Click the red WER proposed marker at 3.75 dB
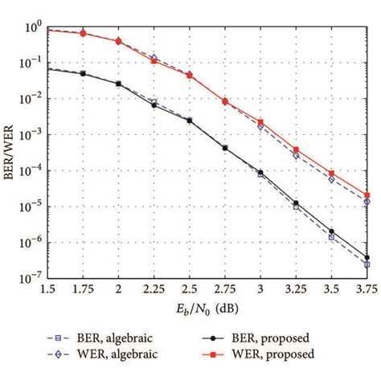[367, 195]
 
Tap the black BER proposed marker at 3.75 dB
[367, 258]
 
